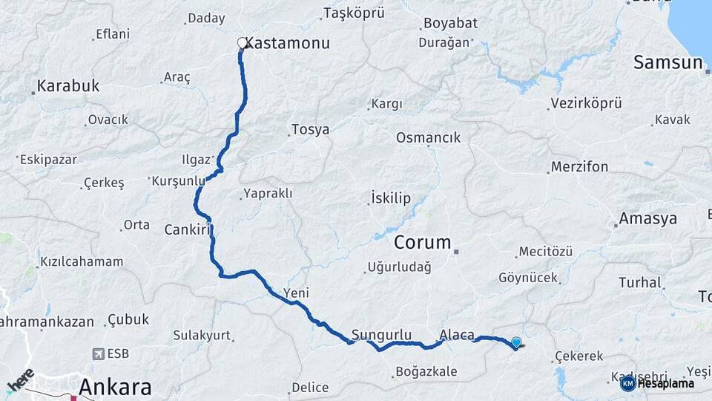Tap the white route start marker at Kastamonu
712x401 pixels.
pyautogui.click(x=242, y=43)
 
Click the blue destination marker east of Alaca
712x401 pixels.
pyautogui.click(x=516, y=342)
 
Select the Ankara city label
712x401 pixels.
pyautogui.click(x=115, y=387)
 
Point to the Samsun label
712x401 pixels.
pyautogui.click(x=667, y=63)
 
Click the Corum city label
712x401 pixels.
pyautogui.click(x=423, y=242)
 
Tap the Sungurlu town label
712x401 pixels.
pyautogui.click(x=382, y=335)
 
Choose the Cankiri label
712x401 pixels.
pyautogui.click(x=185, y=229)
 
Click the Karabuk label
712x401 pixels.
pyautogui.click(x=68, y=86)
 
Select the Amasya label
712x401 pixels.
pyautogui.click(x=648, y=219)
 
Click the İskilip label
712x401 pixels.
pyautogui.click(x=390, y=198)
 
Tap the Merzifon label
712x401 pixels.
pyautogui.click(x=579, y=167)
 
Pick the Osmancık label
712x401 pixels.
pyautogui.click(x=429, y=137)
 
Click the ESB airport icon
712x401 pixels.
pyautogui.click(x=99, y=354)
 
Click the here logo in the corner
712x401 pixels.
pyautogui.click(x=20, y=380)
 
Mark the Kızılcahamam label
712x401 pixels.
pyautogui.click(x=82, y=261)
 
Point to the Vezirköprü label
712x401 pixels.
pyautogui.click(x=587, y=103)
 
